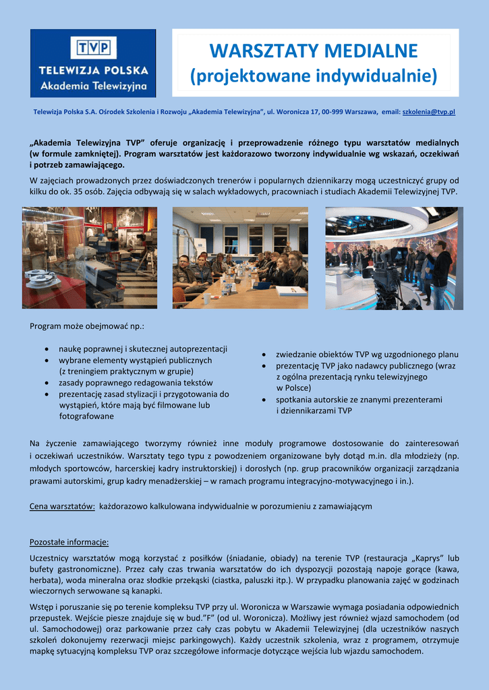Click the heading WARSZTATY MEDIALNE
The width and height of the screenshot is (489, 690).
tap(314, 51)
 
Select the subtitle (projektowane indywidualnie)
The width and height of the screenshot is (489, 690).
tap(314, 76)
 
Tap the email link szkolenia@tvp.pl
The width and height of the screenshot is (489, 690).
tap(428, 111)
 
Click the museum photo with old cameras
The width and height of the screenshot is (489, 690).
tap(90, 257)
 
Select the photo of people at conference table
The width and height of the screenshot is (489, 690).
tap(240, 257)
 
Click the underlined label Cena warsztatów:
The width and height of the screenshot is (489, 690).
tap(62, 506)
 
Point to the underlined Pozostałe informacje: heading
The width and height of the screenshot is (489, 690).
tap(69, 542)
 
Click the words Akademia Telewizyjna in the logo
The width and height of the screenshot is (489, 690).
tap(94, 86)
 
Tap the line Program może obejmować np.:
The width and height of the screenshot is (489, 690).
tap(87, 326)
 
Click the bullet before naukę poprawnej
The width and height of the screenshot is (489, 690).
tap(45, 349)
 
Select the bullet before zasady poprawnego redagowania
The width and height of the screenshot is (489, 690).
tap(45, 383)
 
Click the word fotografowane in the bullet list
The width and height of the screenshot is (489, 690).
tap(86, 416)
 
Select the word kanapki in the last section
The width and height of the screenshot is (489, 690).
tap(146, 591)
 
